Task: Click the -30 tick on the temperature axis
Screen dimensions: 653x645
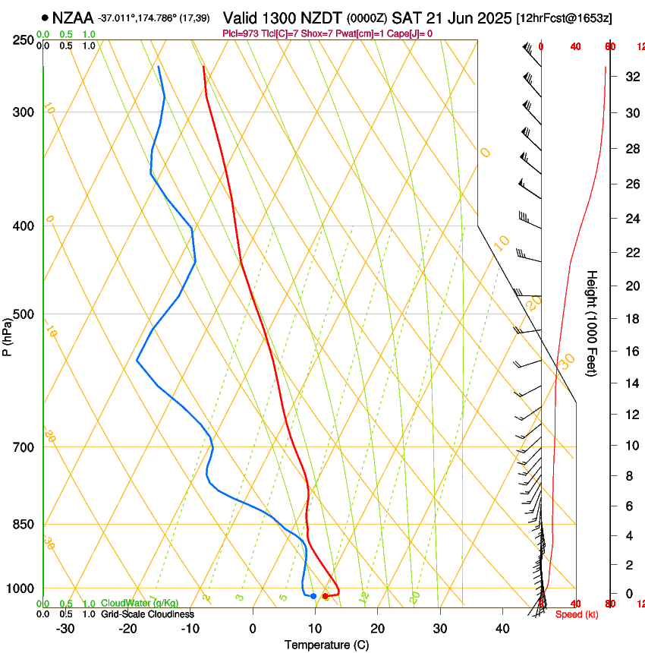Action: (x=65, y=628)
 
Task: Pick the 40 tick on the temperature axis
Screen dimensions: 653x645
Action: (x=502, y=628)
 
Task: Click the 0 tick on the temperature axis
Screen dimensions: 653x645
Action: (x=253, y=628)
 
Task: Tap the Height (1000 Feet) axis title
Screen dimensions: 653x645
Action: (x=592, y=323)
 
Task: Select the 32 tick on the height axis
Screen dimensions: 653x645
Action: (x=631, y=77)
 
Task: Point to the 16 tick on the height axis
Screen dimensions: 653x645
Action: (x=631, y=352)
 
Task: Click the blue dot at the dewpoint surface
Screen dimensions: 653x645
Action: (x=313, y=596)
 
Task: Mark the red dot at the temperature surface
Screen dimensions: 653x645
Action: (x=325, y=596)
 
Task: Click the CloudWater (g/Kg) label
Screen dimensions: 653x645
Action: (x=140, y=604)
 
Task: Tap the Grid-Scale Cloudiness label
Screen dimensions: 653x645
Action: (x=146, y=614)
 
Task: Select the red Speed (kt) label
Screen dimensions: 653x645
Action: (x=577, y=614)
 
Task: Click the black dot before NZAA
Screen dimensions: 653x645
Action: (x=46, y=17)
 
